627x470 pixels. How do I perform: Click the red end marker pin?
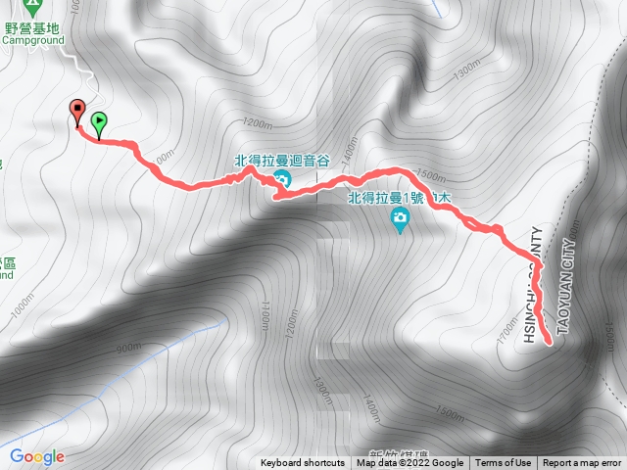(x=77, y=111)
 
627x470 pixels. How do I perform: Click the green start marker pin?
(x=99, y=122)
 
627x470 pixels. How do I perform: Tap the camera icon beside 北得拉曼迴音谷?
(x=282, y=178)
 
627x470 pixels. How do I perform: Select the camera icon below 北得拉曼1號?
(x=400, y=224)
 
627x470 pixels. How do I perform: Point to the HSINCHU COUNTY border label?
(x=532, y=285)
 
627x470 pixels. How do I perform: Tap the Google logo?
(x=37, y=456)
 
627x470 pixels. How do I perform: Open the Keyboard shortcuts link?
(x=303, y=463)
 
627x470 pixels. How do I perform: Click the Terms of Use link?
(x=503, y=463)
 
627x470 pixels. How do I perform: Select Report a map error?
(x=582, y=463)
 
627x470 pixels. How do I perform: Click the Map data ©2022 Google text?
(x=410, y=463)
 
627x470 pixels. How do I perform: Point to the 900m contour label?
(x=128, y=348)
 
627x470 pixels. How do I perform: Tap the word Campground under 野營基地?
(x=31, y=41)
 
